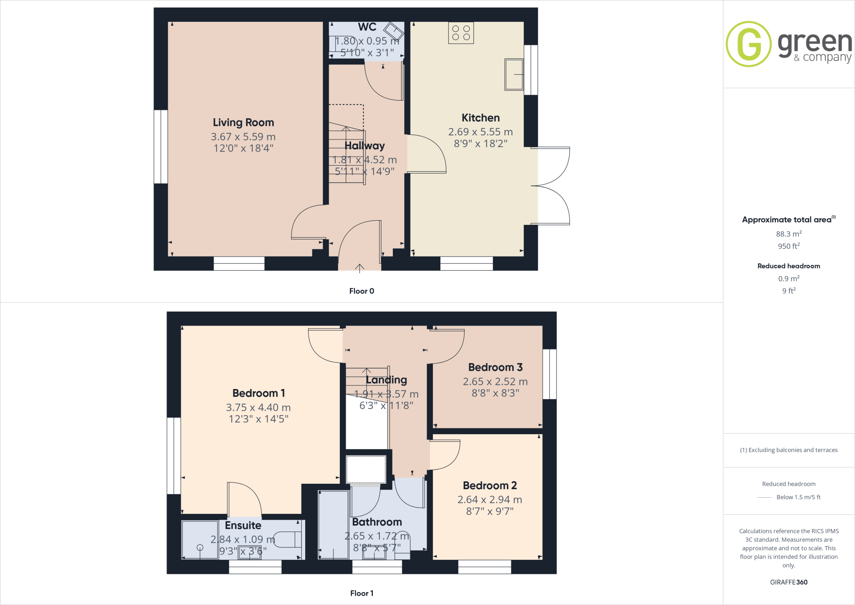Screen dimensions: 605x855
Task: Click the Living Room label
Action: coord(243,122)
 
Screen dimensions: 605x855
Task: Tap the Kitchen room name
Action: coord(481,118)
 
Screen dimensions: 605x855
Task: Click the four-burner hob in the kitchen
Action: coord(461,33)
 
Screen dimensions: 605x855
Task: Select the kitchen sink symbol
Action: coord(514,74)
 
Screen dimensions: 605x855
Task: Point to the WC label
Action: coord(367,27)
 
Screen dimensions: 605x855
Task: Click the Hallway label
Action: coord(364,146)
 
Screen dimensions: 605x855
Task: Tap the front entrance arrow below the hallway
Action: coord(359,268)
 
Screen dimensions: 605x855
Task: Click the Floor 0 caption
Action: coord(362,291)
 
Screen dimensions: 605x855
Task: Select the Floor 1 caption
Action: coord(362,593)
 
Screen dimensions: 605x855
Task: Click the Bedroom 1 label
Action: coord(258,393)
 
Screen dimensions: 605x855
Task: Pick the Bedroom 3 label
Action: coord(495,367)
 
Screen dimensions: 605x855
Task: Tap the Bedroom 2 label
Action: coord(490,486)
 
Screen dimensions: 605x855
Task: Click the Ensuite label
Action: coord(243,525)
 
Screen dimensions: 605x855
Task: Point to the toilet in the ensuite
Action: coord(288,539)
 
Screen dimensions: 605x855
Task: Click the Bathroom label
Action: coord(377,522)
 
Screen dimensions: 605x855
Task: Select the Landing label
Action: coord(386,380)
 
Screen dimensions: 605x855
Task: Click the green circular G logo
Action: coord(749,44)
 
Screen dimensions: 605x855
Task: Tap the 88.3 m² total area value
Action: coord(789,234)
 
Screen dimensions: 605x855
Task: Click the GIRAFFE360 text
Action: coord(789,582)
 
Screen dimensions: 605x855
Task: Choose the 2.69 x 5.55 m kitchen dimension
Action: coord(481,132)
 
